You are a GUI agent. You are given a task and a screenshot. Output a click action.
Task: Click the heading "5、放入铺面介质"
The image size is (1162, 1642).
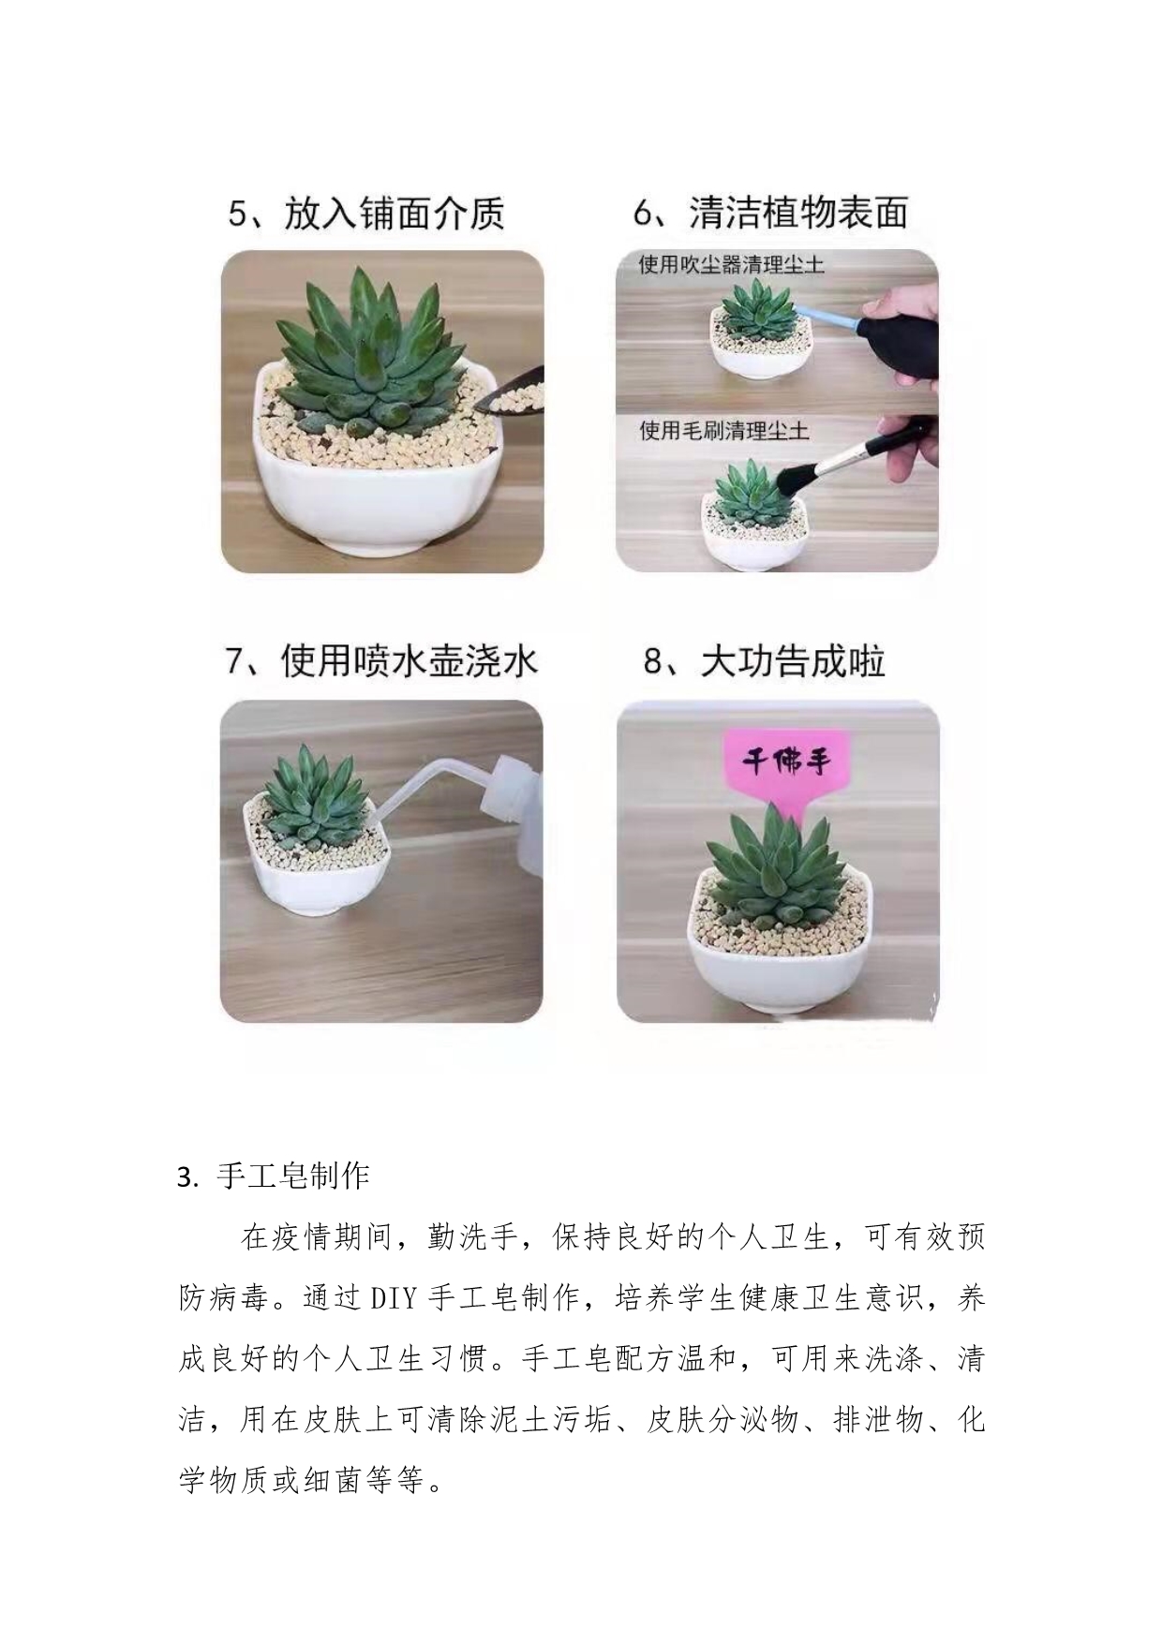pos(366,213)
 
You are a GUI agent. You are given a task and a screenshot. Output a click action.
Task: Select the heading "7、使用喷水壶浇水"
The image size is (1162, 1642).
pos(381,661)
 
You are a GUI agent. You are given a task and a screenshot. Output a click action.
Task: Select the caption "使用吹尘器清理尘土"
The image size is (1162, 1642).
pos(731,265)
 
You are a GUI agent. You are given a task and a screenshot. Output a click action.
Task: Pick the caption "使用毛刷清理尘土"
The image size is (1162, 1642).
pos(723,431)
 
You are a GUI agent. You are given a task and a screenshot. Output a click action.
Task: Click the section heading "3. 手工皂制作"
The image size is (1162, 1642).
pos(274,1176)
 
